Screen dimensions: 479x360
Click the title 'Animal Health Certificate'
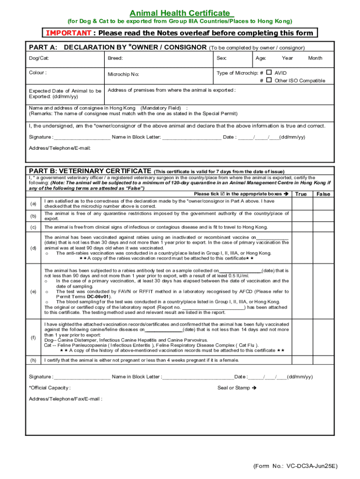point(180,13)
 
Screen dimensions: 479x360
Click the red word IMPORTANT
point(68,33)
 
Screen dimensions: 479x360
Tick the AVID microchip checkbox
point(269,73)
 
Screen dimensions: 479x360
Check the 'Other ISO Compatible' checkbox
point(269,80)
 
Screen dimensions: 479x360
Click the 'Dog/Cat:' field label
point(39,58)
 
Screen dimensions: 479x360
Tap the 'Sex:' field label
point(222,58)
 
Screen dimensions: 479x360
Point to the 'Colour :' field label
point(38,73)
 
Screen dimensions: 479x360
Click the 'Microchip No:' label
point(123,74)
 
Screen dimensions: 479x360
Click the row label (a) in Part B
point(33,203)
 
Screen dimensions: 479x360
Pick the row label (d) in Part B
point(33,248)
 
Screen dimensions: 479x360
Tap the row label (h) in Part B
point(33,360)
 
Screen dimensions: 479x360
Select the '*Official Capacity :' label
point(50,388)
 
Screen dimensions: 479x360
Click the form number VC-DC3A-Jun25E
point(295,466)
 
